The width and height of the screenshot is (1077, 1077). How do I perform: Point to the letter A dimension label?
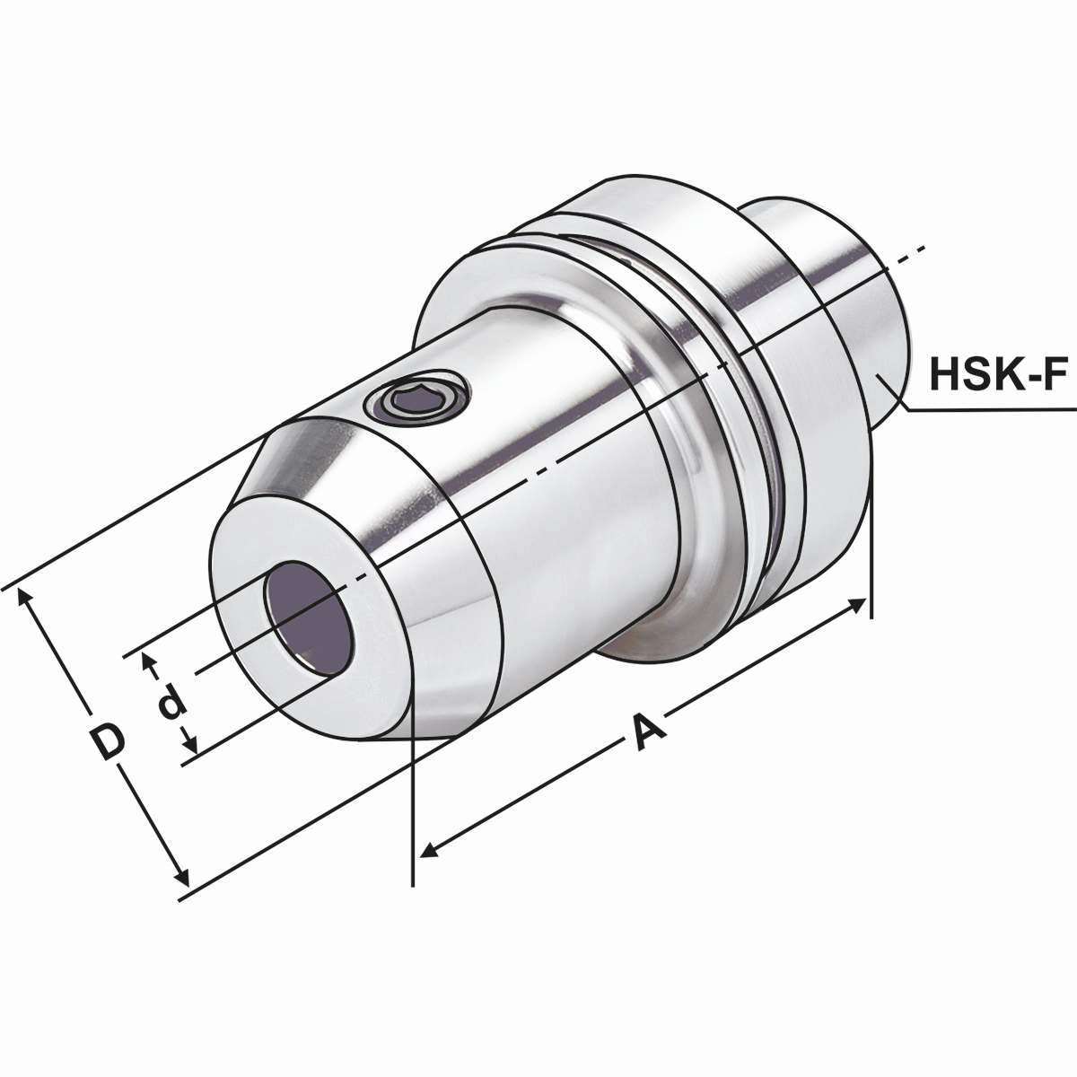click(x=648, y=731)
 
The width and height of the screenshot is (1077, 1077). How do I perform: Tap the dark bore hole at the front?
click(x=307, y=617)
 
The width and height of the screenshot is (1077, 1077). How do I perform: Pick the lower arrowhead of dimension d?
click(x=190, y=744)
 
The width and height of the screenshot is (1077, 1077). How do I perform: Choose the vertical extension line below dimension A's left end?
click(x=412, y=808)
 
